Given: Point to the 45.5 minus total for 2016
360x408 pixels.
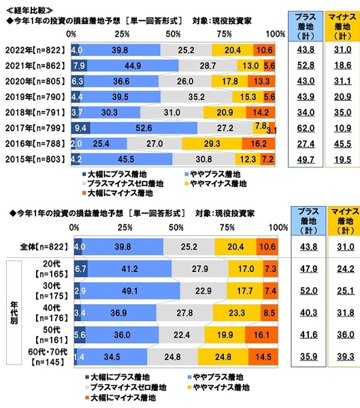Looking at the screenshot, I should coord(344,143).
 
